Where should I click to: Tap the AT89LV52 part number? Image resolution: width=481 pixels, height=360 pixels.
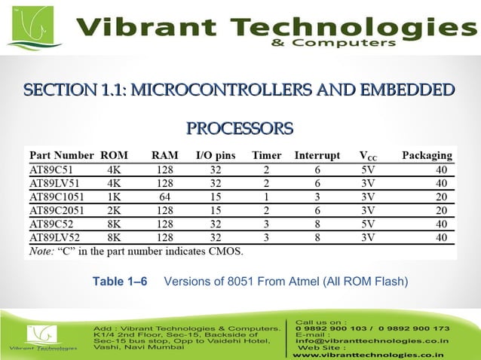(53, 237)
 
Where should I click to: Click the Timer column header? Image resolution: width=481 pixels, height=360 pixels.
(266, 156)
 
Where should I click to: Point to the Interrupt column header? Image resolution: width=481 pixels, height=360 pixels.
(317, 156)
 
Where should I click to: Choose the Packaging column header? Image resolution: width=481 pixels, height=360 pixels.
(427, 156)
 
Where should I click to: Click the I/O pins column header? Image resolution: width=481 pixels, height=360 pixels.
(215, 156)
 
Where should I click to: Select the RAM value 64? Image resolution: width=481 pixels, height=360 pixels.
(164, 197)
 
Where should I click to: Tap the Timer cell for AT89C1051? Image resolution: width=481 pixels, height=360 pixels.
(266, 197)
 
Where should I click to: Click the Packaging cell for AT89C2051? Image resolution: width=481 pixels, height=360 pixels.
(441, 210)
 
